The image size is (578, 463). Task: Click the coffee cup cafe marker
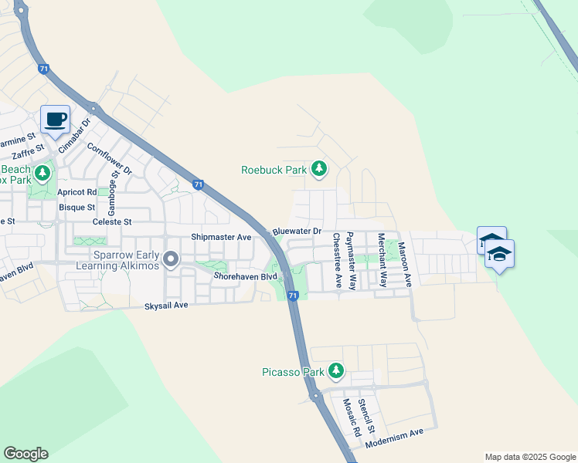[55, 120]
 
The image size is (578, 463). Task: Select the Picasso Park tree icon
[335, 372]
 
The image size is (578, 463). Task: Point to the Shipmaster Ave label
[221, 237]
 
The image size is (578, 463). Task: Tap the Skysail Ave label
[166, 306]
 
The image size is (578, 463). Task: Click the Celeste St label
[113, 221]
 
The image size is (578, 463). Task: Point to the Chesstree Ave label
[337, 261]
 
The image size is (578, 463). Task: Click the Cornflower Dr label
[110, 158]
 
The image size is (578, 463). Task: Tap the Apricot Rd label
[80, 191]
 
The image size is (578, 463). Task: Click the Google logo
[25, 454]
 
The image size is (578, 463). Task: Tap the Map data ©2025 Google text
[530, 457]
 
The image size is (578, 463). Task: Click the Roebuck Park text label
[274, 170]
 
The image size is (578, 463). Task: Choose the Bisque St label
[77, 207]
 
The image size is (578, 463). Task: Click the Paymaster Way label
[352, 261]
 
